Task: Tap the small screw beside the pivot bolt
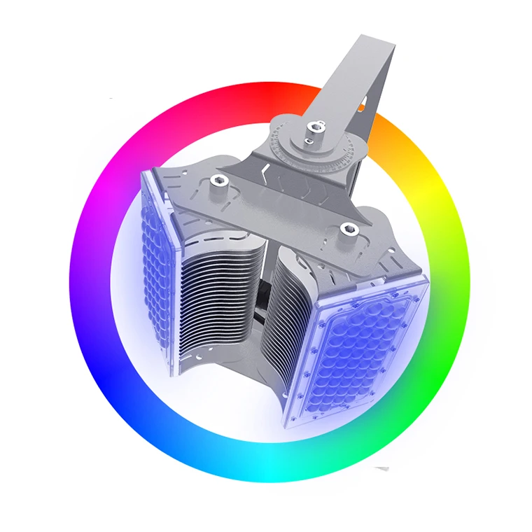click(307, 141)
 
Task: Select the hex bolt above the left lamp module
click(217, 181)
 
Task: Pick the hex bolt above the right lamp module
click(346, 227)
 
